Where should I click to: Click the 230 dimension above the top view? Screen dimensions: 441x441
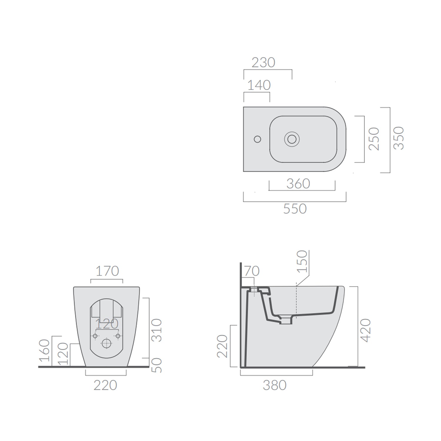tap(263, 63)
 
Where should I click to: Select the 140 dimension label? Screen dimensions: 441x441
tap(259, 85)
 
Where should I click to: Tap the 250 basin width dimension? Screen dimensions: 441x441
tap(374, 139)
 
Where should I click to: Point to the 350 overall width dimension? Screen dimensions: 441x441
tap(399, 138)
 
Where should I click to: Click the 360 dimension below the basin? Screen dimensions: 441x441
tap(298, 184)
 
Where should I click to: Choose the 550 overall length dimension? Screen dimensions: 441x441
tap(295, 209)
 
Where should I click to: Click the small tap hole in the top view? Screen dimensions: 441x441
tap(257, 139)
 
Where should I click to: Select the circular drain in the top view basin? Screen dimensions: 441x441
tap(292, 139)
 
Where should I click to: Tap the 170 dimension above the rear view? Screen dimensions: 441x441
tap(107, 271)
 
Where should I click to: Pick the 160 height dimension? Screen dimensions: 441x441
tap(44, 350)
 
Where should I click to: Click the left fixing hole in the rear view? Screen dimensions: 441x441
tap(95, 336)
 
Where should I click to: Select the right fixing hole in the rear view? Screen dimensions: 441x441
tap(118, 336)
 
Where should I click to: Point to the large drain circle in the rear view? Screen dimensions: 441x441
tap(106, 343)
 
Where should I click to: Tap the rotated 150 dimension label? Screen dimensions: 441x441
tap(302, 261)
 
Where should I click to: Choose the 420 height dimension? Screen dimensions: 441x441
tap(365, 330)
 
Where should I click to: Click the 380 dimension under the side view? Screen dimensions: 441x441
tap(275, 385)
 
